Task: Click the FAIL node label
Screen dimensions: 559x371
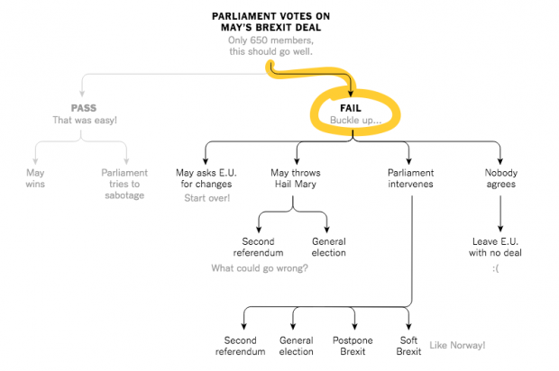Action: [351, 108]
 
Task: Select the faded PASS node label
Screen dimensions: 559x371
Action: [84, 108]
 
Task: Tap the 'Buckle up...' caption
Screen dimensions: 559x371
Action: [355, 121]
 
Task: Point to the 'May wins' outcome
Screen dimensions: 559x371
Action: [35, 178]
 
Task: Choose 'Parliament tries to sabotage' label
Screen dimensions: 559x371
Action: [124, 184]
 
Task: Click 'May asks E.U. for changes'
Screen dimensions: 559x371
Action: [206, 178]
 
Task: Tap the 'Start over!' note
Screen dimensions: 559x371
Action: [207, 198]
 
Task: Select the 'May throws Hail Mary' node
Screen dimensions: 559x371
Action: [296, 178]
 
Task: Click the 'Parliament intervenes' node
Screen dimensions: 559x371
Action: [411, 178]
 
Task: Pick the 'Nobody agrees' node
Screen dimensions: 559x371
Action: [501, 178]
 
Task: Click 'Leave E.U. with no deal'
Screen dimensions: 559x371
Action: [495, 247]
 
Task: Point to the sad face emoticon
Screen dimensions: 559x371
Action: [496, 268]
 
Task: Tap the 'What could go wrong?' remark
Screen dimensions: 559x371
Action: [260, 268]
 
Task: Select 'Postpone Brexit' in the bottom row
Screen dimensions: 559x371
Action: [353, 346]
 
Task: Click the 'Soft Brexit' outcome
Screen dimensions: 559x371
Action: [408, 346]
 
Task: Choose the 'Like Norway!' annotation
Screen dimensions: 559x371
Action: [457, 345]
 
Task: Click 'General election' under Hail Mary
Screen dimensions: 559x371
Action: [329, 247]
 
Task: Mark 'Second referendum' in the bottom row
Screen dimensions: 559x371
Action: [241, 346]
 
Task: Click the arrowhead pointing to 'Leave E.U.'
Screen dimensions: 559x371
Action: [500, 229]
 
